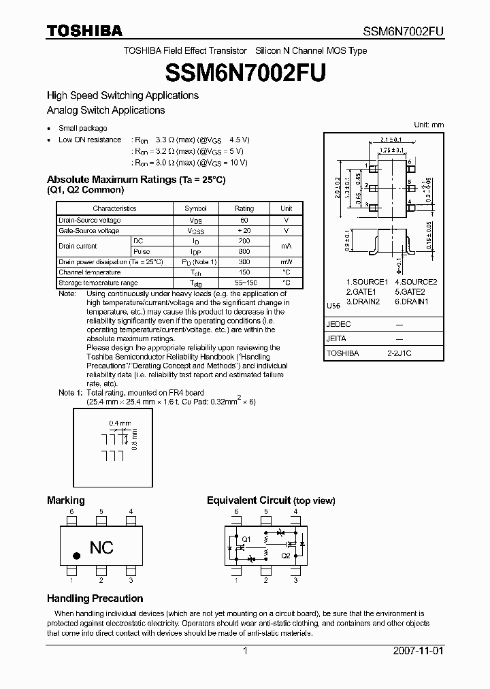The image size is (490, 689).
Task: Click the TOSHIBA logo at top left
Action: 84,31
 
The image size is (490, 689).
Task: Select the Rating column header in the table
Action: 244,208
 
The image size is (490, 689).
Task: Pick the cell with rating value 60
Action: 244,221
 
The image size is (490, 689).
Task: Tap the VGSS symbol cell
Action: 196,231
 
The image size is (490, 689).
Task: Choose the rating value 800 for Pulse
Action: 244,251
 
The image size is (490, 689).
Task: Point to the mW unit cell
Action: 286,262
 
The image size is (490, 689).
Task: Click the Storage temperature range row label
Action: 98,283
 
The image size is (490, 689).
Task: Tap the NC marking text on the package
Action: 101,547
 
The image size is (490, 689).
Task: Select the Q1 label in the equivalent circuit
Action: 246,539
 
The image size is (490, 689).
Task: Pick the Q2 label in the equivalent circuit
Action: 285,556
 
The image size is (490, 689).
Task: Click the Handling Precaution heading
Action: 95,598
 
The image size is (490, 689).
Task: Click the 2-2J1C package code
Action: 399,353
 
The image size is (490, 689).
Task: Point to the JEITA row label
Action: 337,338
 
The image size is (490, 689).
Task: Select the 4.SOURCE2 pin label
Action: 415,282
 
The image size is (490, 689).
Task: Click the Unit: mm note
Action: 429,125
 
